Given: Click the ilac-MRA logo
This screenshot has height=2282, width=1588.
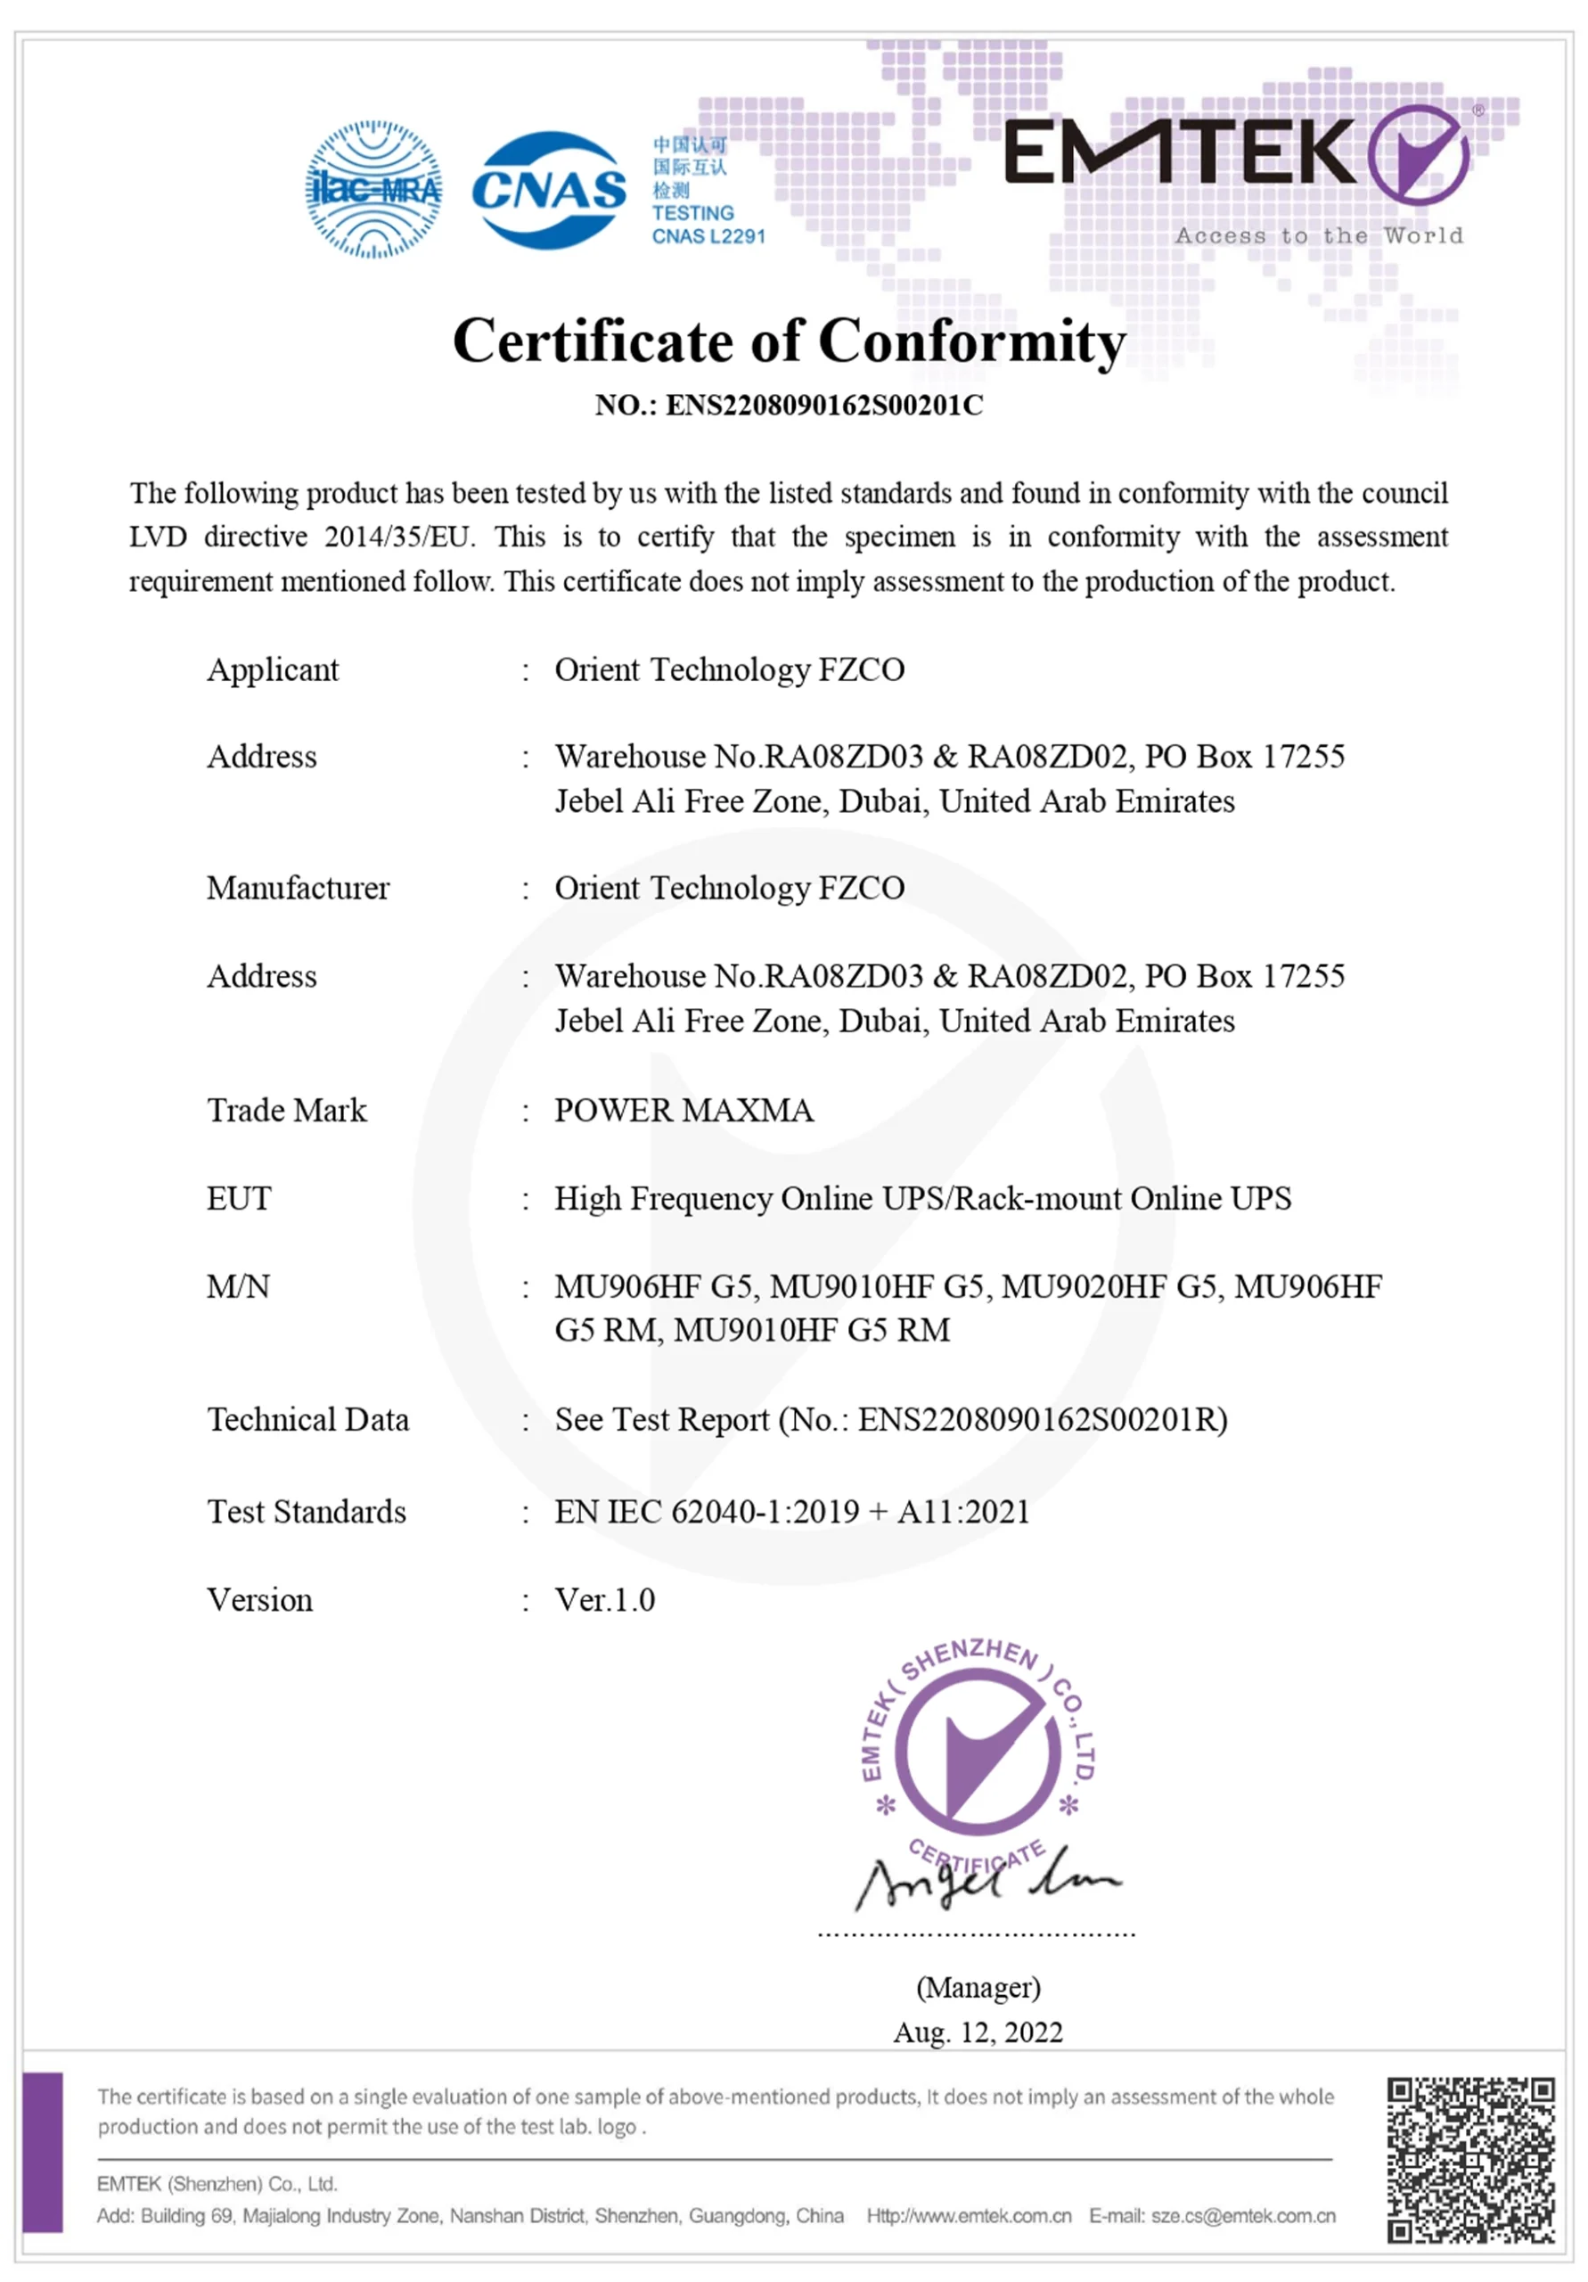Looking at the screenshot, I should click(373, 189).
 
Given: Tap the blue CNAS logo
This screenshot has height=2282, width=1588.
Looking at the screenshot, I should click(549, 190).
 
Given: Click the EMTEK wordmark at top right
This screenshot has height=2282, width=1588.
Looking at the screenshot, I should click(1180, 153).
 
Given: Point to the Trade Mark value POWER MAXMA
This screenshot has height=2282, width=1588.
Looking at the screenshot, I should click(683, 1110).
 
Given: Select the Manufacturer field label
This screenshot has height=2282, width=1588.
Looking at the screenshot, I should click(299, 888).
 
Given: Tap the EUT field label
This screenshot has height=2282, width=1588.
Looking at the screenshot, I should click(239, 1199).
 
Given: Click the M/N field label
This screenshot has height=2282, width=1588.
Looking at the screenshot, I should click(239, 1286).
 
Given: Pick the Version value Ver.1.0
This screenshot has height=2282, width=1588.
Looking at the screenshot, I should click(604, 1600).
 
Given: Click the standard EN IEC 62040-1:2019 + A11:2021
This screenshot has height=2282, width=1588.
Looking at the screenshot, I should click(792, 1512).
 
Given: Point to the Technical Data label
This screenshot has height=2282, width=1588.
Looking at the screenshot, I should click(308, 1419).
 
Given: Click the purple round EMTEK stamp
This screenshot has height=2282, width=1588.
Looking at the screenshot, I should click(978, 1749).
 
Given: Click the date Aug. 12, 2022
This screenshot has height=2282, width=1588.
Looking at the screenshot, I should click(978, 2032).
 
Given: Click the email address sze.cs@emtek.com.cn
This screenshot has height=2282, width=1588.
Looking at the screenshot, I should click(1243, 2216).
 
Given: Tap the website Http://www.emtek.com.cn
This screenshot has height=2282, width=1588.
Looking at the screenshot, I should click(969, 2216).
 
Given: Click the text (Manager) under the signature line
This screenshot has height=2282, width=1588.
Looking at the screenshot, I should click(978, 1988).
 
